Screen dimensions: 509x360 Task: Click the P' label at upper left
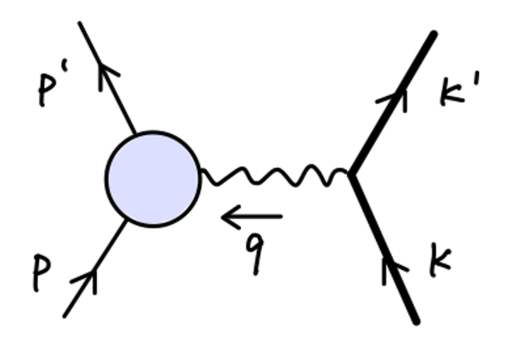(51, 89)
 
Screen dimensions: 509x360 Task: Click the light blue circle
(153, 178)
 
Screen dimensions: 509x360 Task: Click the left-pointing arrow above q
(251, 219)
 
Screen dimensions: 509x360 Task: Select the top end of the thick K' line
(433, 34)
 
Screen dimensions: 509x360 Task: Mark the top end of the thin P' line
(81, 23)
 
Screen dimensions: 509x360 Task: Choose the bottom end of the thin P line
(64, 316)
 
